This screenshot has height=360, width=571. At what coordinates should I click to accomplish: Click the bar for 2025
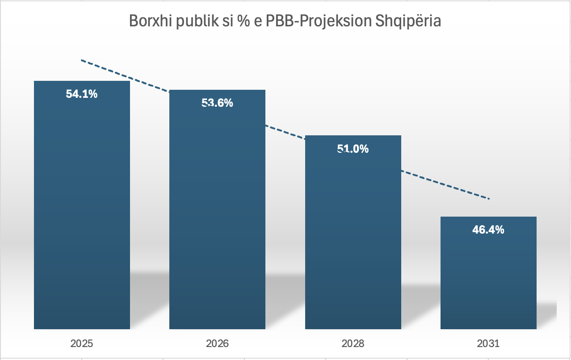(x=82, y=205)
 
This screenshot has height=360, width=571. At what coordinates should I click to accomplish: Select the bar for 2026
(x=217, y=210)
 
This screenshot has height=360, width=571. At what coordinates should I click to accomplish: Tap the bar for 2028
(x=353, y=232)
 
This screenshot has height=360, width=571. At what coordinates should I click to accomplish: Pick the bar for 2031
(x=488, y=272)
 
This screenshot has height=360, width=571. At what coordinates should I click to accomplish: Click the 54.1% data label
(x=82, y=94)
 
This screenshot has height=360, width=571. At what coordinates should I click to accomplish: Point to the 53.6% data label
(x=217, y=103)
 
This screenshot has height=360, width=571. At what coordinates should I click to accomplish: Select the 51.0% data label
(x=353, y=149)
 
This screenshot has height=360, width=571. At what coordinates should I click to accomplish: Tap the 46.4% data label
(x=488, y=230)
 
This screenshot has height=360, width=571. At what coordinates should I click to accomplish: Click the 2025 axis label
(x=82, y=344)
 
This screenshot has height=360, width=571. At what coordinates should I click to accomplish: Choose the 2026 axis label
(x=217, y=344)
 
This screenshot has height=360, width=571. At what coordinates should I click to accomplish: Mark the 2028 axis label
(x=353, y=344)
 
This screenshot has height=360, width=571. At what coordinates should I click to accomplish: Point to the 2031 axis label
(x=488, y=344)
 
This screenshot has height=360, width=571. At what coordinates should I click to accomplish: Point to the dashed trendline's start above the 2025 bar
(x=82, y=60)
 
